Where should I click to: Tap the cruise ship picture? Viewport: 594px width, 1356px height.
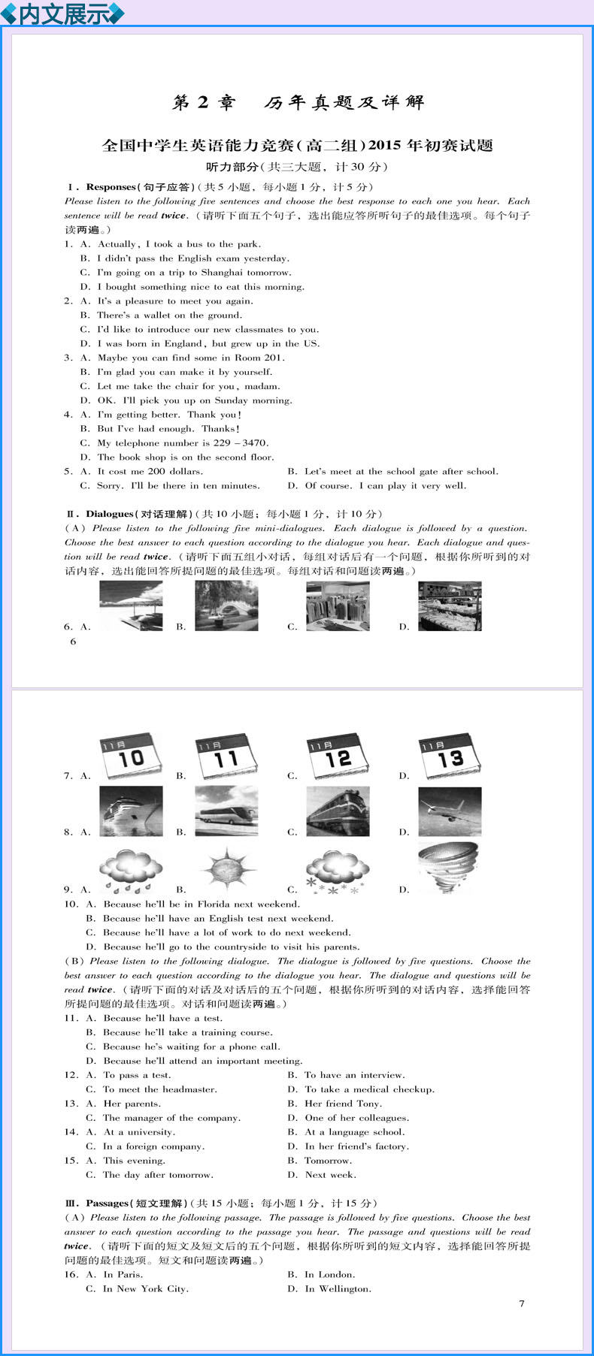click(131, 811)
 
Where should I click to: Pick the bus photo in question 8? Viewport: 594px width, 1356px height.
click(226, 811)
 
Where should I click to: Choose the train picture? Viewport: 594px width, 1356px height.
click(338, 811)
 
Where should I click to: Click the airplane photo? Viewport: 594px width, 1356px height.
click(450, 811)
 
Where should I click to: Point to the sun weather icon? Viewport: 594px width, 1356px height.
click(226, 869)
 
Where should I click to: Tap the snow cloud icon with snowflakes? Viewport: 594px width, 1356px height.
click(337, 871)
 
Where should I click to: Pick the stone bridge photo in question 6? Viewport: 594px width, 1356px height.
click(226, 606)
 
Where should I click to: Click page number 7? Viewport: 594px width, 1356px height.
click(522, 1303)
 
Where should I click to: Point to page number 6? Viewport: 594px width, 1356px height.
click(73, 642)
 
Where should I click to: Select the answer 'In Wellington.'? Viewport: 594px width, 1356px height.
click(338, 1288)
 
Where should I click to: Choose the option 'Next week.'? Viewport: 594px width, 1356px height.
click(330, 1174)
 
